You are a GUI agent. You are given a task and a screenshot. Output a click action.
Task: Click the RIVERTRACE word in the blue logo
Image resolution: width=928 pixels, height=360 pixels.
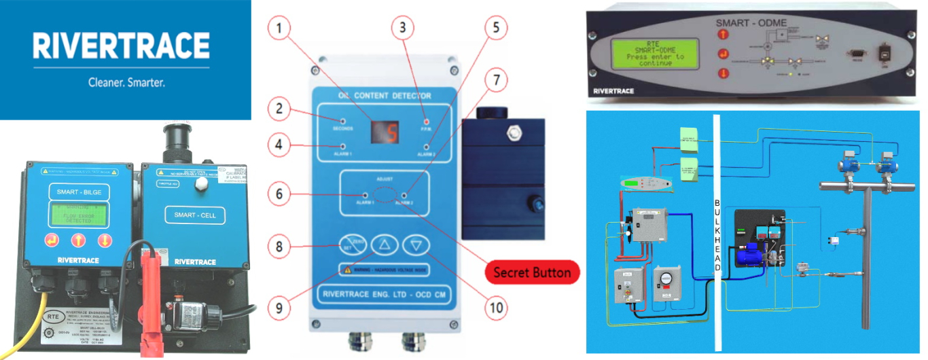[121, 48]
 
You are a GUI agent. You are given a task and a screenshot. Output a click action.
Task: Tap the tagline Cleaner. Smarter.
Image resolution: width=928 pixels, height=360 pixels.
[127, 83]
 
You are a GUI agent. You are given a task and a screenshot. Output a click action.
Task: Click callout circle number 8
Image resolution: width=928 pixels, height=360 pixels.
[279, 246]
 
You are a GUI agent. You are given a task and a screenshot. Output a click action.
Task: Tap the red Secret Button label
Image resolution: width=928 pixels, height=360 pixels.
[531, 272]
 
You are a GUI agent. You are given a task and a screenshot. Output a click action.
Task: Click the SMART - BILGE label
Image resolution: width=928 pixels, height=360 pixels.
[76, 192]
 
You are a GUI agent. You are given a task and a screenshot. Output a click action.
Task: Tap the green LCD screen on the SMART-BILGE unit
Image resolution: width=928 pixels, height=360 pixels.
[76, 215]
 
